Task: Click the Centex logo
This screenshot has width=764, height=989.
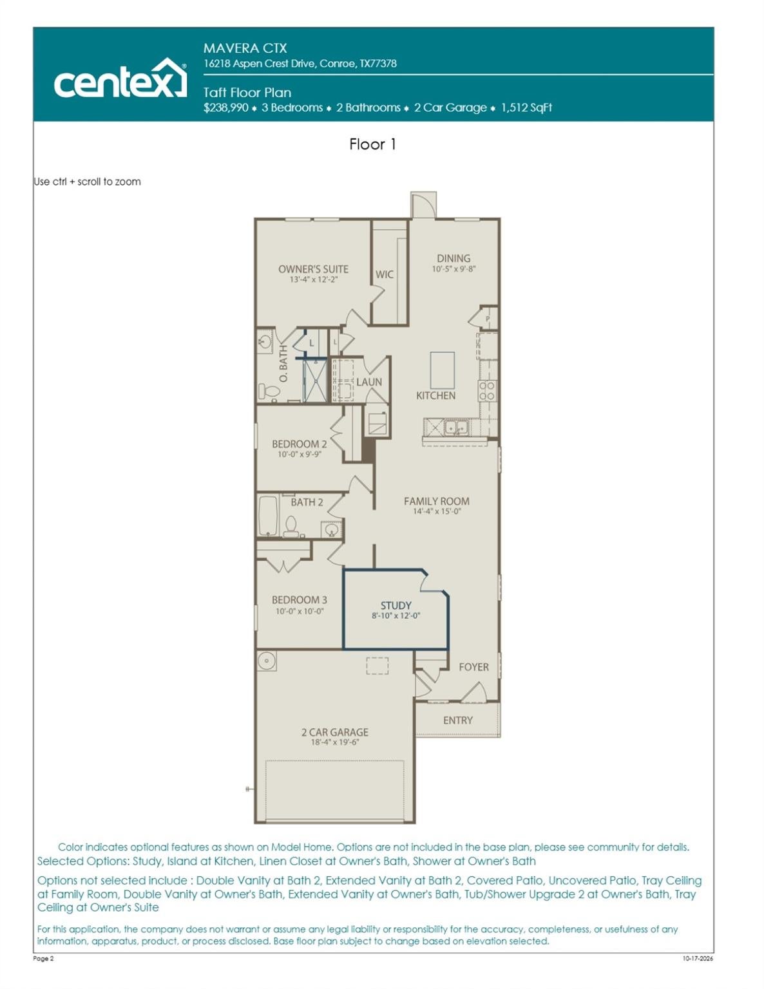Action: pyautogui.click(x=120, y=79)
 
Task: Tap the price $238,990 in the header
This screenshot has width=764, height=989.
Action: pyautogui.click(x=226, y=108)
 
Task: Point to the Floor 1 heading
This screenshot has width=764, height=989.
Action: pyautogui.click(x=372, y=144)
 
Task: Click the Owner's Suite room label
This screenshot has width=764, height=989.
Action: pyautogui.click(x=313, y=269)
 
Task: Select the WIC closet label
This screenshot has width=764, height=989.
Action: pyautogui.click(x=385, y=274)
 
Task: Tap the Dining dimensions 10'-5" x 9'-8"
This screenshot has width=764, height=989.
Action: pyautogui.click(x=454, y=269)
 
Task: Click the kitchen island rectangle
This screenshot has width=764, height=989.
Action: pyautogui.click(x=442, y=370)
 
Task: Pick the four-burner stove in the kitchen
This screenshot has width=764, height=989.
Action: pyautogui.click(x=487, y=391)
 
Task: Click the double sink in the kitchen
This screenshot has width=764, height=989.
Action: pyautogui.click(x=456, y=428)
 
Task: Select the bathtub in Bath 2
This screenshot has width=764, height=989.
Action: pyautogui.click(x=268, y=516)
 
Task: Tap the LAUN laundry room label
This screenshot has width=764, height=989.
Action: pyautogui.click(x=369, y=382)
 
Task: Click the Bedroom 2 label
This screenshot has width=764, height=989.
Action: pyautogui.click(x=299, y=444)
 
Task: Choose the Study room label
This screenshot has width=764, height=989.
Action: pyautogui.click(x=396, y=605)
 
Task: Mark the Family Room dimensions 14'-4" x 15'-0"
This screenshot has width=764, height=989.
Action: pyautogui.click(x=437, y=511)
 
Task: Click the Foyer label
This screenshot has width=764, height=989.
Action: pyautogui.click(x=473, y=667)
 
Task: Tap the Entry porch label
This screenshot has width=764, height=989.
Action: pyautogui.click(x=457, y=720)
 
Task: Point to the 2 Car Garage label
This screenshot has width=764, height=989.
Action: pyautogui.click(x=334, y=732)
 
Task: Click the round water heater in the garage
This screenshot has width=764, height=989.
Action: pyautogui.click(x=266, y=661)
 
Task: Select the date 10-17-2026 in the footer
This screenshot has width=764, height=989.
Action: pyautogui.click(x=698, y=958)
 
